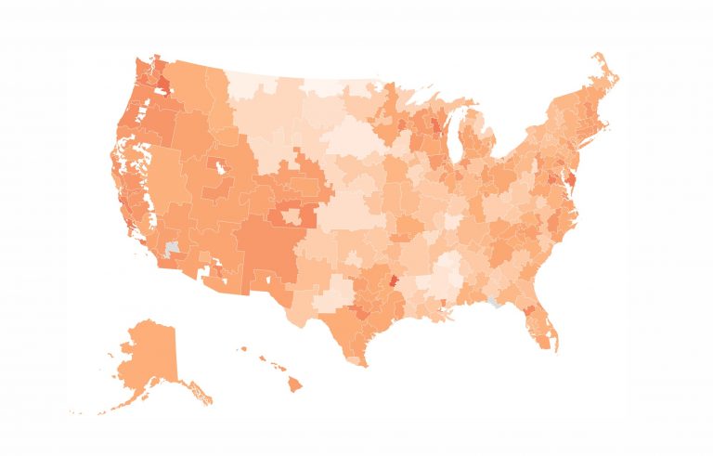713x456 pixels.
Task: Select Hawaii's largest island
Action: click(294, 384)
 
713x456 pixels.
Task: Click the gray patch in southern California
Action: click(172, 250)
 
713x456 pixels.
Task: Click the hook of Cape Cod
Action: click(616, 130)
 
